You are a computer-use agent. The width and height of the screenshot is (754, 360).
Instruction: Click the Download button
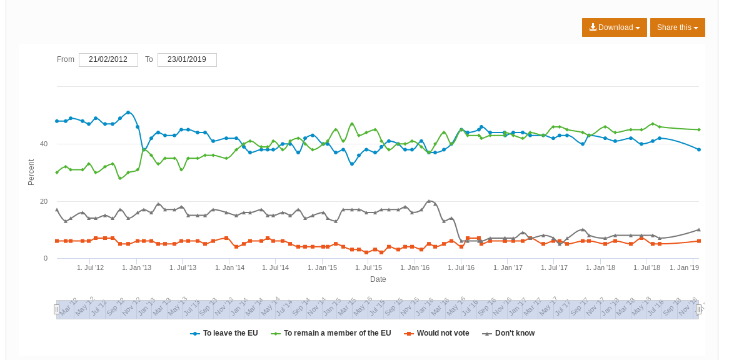[614, 27]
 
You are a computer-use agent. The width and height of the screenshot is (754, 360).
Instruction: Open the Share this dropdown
[677, 27]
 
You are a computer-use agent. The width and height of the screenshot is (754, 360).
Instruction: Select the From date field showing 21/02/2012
[108, 60]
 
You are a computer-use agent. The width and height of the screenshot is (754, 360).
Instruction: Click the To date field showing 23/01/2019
[187, 60]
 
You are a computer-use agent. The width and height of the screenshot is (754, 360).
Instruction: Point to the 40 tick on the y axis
[44, 144]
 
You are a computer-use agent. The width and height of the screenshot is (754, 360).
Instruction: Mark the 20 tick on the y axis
[44, 201]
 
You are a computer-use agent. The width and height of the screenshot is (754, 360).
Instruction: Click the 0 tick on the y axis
[45, 258]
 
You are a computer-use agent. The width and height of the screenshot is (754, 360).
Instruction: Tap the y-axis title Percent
[31, 172]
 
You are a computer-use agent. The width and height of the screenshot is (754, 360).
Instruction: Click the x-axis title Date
[378, 279]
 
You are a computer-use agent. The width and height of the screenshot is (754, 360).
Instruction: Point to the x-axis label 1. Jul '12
[91, 267]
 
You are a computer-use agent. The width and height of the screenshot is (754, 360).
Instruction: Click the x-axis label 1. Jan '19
[684, 267]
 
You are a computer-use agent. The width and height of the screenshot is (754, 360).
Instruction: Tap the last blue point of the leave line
[699, 149]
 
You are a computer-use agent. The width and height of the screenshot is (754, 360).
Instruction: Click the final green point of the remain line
[699, 129]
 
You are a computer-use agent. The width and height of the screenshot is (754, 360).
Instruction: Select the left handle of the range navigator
[56, 309]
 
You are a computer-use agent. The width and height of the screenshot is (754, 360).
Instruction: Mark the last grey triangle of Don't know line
[699, 229]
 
